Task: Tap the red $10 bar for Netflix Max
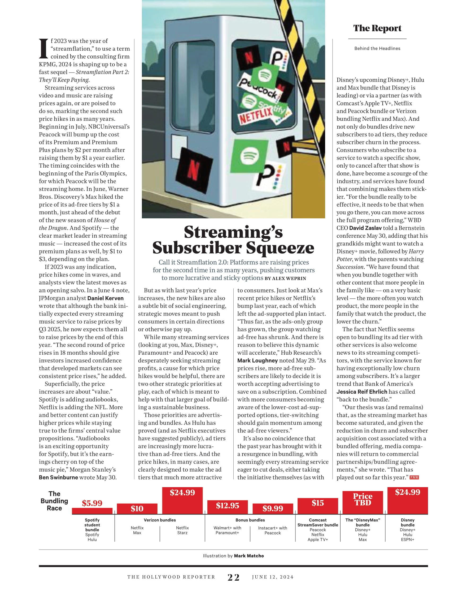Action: tap(137, 509)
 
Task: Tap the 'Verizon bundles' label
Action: tap(160, 520)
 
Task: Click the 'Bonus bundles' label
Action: tap(250, 520)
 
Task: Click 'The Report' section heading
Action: tap(377, 28)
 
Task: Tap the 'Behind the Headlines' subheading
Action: tap(377, 48)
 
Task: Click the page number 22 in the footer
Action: tap(233, 578)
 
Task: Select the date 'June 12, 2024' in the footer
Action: tap(273, 577)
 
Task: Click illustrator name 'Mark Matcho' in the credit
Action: tap(249, 556)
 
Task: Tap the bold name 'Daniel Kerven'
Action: tap(105, 298)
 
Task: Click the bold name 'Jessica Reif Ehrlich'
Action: tap(362, 392)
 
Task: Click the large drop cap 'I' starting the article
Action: tap(44, 49)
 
